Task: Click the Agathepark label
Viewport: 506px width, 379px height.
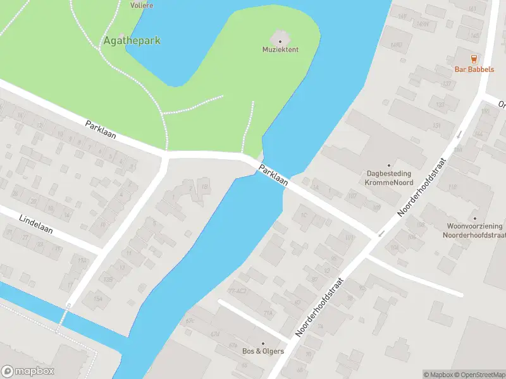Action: coord(132,40)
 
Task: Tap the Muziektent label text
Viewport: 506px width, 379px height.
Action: coord(280,49)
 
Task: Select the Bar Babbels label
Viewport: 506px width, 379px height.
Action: coord(474,69)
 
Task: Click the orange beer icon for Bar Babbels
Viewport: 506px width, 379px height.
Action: coord(474,59)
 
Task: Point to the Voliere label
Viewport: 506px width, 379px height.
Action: coord(142,5)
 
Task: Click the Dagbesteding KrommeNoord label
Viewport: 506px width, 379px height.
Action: coord(388,177)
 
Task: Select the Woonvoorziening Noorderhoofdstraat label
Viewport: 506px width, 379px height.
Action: coord(474,230)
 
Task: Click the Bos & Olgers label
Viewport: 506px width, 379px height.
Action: coord(263,351)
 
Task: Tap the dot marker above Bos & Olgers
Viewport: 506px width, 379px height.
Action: coord(263,343)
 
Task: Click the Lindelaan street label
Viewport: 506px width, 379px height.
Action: coord(35,224)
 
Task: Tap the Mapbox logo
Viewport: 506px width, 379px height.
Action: coord(28,371)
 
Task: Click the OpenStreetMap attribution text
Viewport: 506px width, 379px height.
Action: coord(481,375)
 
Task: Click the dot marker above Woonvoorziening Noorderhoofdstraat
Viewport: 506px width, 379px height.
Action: coord(474,218)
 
